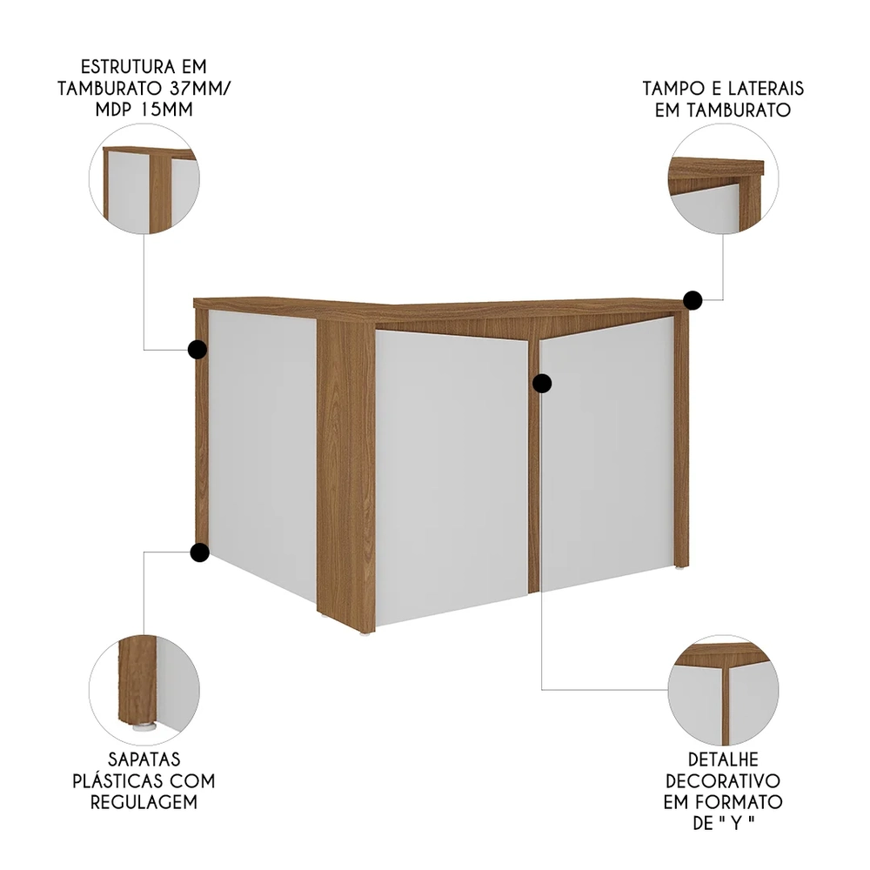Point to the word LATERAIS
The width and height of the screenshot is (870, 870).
tap(765, 90)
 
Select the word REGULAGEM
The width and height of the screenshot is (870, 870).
tap(144, 801)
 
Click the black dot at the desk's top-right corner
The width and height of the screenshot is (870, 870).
tap(693, 301)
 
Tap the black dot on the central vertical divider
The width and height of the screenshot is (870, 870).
tap(543, 383)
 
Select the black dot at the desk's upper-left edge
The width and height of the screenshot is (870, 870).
tap(197, 350)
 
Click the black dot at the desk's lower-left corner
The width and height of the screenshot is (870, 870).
tap(199, 552)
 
